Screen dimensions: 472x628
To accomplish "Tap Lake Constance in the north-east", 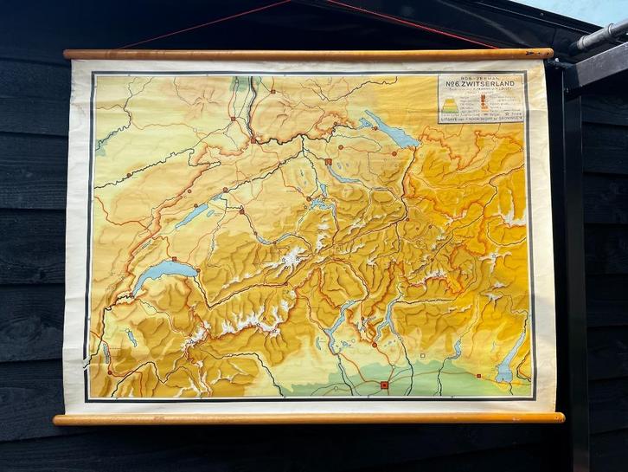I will (394, 132).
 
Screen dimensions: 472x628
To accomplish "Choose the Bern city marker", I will (241, 210).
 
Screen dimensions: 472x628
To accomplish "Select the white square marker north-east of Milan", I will (422, 355).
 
